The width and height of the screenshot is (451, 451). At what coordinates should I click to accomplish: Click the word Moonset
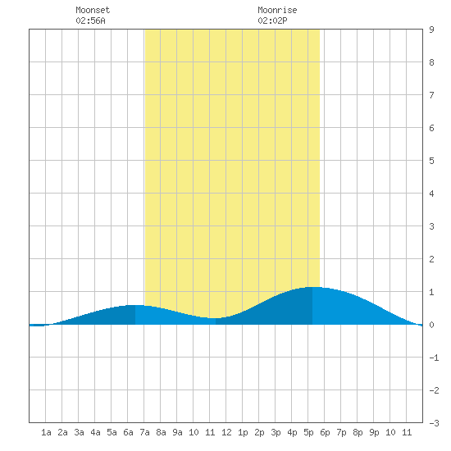[x=93, y=10]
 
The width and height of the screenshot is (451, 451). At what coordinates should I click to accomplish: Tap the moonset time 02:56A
[x=90, y=20]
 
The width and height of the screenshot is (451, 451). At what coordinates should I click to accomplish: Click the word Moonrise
[x=277, y=10]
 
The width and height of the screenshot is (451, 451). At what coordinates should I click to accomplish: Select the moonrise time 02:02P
[x=272, y=20]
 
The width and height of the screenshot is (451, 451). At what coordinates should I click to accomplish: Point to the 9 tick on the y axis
[x=431, y=30]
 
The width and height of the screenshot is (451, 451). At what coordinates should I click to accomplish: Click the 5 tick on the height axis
[x=431, y=161]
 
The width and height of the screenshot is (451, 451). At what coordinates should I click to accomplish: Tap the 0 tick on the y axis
[x=431, y=325]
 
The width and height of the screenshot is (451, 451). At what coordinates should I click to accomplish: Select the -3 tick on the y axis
[x=434, y=423]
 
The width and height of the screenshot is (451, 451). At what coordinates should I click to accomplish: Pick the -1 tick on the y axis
[x=434, y=358]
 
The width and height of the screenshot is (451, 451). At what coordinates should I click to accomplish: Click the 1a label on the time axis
[x=46, y=432]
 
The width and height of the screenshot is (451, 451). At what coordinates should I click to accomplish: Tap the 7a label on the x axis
[x=144, y=432]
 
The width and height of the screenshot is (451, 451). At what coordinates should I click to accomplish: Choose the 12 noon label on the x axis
[x=226, y=432]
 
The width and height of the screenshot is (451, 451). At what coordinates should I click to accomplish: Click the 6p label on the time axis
[x=325, y=432]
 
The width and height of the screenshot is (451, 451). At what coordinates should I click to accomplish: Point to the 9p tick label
[x=374, y=432]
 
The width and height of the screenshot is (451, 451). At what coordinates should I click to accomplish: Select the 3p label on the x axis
[x=276, y=432]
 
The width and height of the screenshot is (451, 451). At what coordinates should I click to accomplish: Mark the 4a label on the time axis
[x=95, y=432]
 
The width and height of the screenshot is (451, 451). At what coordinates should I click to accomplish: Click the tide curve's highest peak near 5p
[x=312, y=287]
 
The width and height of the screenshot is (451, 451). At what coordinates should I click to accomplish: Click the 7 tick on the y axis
[x=431, y=95]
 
